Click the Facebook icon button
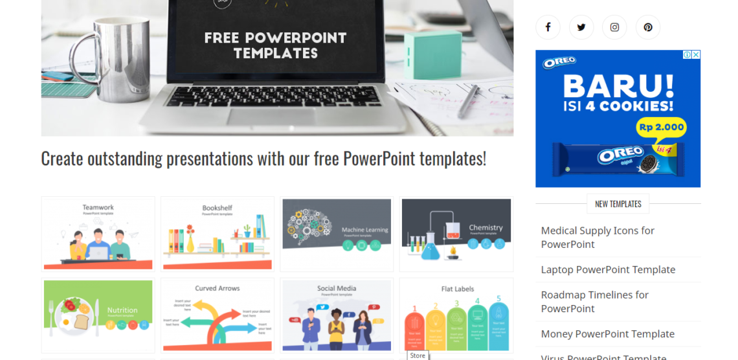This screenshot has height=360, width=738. tap(548, 27)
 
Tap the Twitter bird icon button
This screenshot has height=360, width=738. tap(581, 27)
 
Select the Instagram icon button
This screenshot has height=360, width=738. tap(614, 27)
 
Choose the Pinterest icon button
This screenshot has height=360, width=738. tap(648, 27)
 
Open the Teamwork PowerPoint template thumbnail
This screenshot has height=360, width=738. tap(98, 234)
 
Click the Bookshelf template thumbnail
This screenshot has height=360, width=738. tap(218, 234)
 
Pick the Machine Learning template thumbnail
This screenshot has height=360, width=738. tap(337, 234)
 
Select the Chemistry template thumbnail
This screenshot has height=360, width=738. tap(456, 234)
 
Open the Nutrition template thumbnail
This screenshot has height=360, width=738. tap(98, 315)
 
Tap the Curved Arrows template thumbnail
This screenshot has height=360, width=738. tap(218, 315)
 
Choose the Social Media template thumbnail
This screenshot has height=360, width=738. tap(337, 315)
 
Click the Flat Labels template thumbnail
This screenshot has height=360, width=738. tap(456, 315)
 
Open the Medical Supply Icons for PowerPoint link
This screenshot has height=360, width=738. tap(598, 237)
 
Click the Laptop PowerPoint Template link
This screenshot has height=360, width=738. tap(608, 269)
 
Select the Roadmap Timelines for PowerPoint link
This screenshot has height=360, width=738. tap(594, 302)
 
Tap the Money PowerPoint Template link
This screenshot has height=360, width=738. tap(607, 334)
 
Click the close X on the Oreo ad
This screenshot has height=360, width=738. tap(696, 55)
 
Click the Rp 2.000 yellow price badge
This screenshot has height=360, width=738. tap(661, 127)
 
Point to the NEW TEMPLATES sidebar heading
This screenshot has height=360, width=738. tap(618, 204)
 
